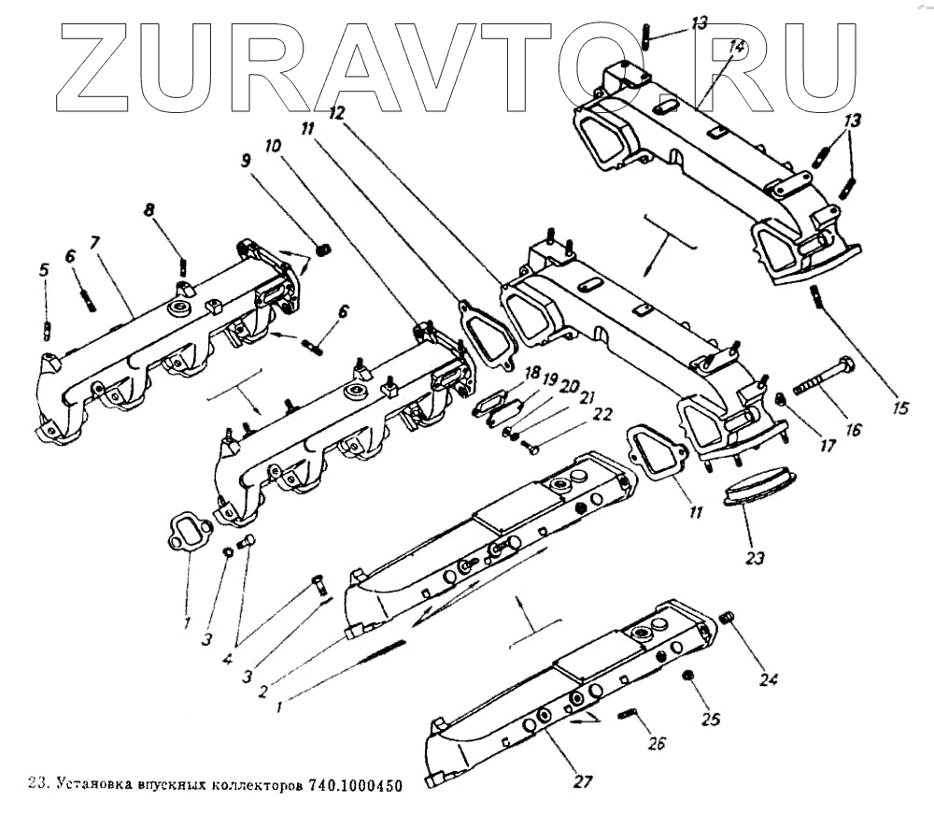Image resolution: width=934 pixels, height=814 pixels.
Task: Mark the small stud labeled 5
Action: (x=47, y=329)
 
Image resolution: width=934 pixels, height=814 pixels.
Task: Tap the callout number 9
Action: (x=245, y=161)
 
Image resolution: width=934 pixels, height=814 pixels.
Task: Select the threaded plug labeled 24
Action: (x=730, y=618)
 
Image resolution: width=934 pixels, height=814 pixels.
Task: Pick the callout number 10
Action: (x=273, y=147)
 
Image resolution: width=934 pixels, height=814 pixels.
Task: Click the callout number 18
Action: (x=533, y=372)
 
